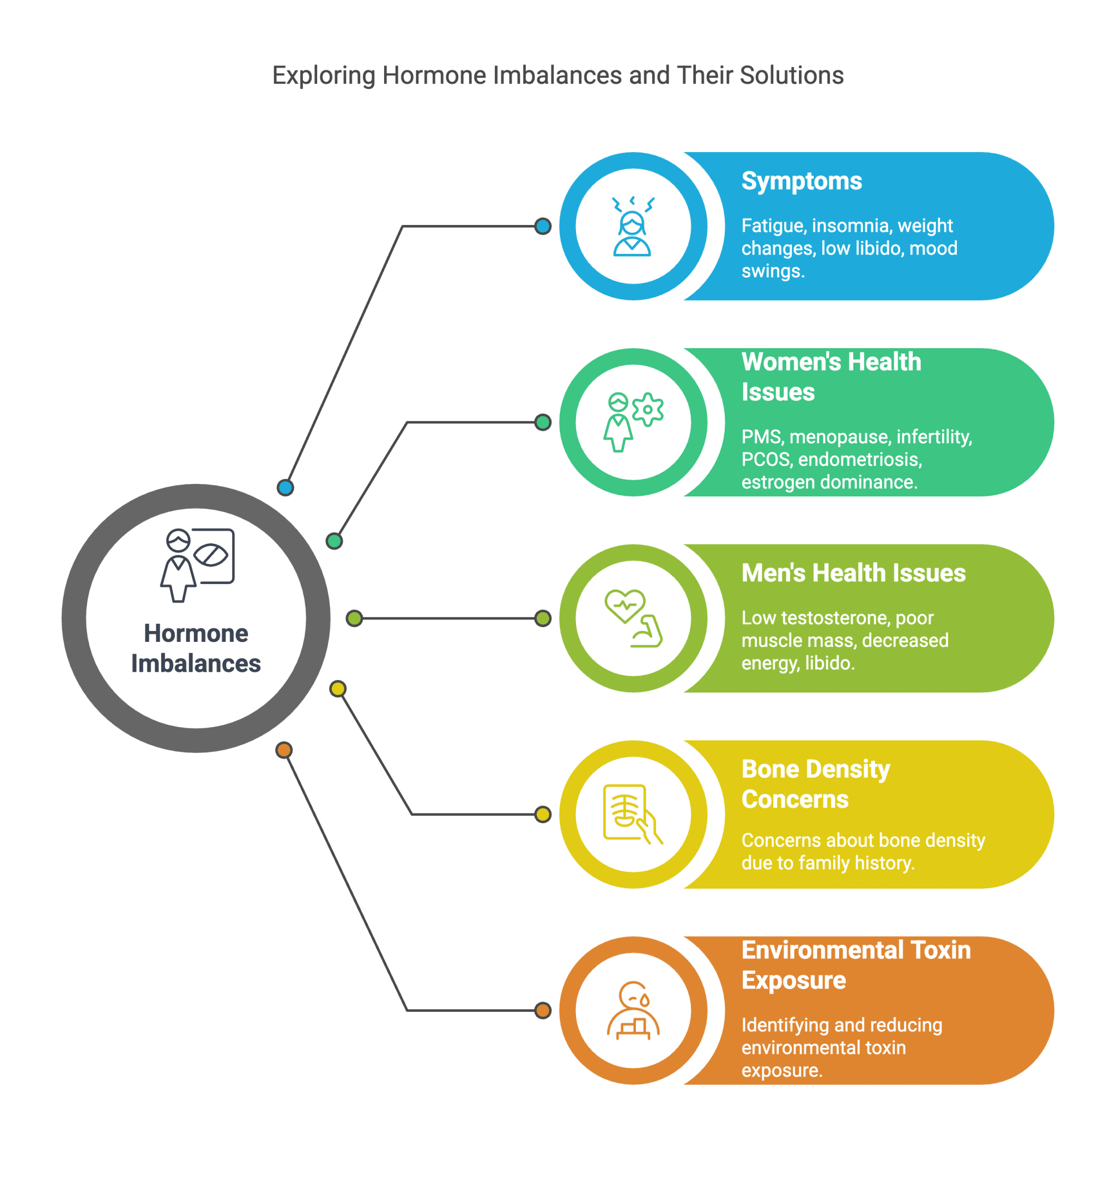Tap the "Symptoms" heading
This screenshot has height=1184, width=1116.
click(x=801, y=181)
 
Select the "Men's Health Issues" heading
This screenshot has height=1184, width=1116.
click(x=853, y=573)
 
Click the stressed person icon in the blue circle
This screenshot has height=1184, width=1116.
click(x=633, y=227)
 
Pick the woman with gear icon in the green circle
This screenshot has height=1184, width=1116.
click(x=633, y=422)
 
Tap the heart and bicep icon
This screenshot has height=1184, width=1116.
click(x=633, y=618)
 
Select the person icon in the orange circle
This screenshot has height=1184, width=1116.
click(x=633, y=1011)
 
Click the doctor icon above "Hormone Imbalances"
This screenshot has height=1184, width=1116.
click(x=197, y=564)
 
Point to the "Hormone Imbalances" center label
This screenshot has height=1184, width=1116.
click(x=196, y=648)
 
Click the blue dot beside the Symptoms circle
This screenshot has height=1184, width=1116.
click(x=543, y=226)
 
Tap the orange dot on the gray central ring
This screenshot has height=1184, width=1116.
click(x=284, y=750)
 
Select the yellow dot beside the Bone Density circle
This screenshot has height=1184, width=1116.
click(x=543, y=814)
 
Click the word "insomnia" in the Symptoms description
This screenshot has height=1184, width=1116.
click(x=852, y=226)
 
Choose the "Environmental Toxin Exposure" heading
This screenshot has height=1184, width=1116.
click(x=855, y=965)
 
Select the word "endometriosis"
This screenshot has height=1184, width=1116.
click(x=859, y=459)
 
